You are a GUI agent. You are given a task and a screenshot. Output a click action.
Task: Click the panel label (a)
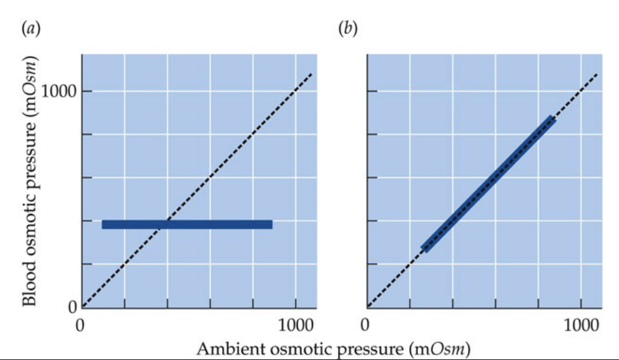click(29, 29)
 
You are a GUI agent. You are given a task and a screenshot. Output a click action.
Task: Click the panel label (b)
click(348, 29)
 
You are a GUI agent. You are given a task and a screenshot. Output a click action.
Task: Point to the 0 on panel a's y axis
click(71, 306)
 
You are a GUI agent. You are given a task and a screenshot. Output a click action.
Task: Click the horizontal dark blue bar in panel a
click(187, 224)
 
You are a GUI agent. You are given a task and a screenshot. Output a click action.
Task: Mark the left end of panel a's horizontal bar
click(104, 224)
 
